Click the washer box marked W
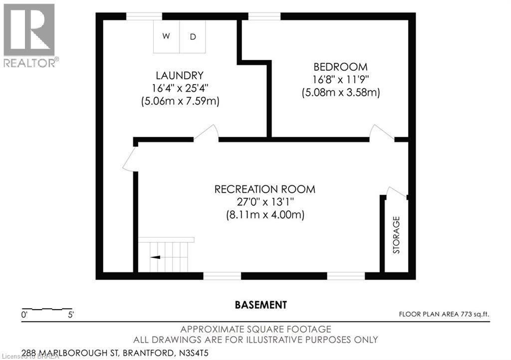(167, 36)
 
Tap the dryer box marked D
(192, 36)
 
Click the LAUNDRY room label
(180, 76)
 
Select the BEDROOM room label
(340, 67)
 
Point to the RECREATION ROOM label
(265, 189)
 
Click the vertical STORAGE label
(397, 235)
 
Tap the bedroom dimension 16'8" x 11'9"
(341, 79)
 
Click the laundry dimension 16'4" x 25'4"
(180, 88)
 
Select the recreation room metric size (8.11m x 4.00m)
(265, 215)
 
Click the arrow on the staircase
(156, 257)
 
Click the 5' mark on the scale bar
(70, 315)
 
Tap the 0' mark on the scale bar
(24, 315)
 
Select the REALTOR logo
(29, 35)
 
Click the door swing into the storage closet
(397, 192)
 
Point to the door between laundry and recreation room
(206, 133)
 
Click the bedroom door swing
(381, 132)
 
